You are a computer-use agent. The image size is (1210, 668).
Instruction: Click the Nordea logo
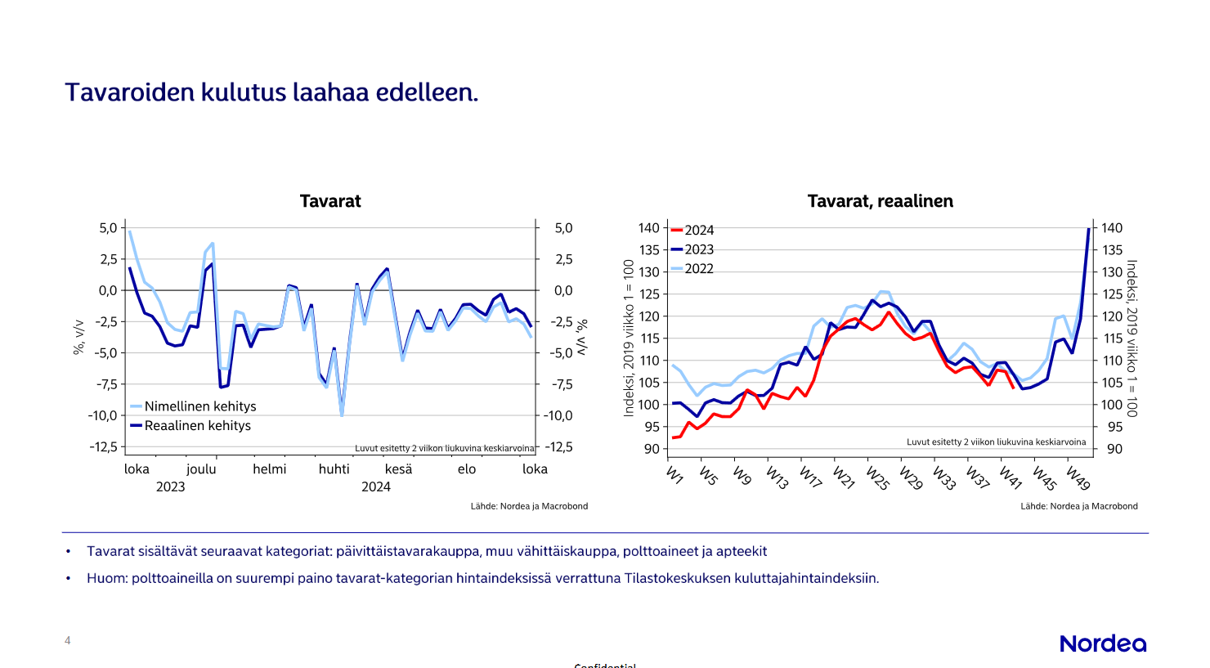coord(1103,643)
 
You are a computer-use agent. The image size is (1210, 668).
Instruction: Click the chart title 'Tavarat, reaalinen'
coord(880,201)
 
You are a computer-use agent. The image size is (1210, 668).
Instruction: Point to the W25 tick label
coord(877,477)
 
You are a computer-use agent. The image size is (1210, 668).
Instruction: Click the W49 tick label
coord(1078,477)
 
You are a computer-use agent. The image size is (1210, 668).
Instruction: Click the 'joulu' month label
coord(201,468)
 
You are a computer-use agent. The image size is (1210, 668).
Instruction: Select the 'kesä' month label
coord(398,468)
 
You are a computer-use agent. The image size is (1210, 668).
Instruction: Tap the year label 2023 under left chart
coord(170,486)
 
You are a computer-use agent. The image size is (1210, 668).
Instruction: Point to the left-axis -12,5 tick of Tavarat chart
coord(104,446)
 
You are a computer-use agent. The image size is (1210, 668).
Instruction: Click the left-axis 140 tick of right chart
coord(648,228)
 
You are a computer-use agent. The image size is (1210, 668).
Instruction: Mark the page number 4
coord(68,640)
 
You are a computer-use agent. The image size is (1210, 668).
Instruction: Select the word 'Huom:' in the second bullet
coord(107,578)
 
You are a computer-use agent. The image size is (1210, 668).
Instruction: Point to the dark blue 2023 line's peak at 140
coord(1088,230)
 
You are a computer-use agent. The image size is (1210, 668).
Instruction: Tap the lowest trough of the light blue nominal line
coord(342,415)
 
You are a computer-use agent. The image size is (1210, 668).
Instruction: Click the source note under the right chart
coord(1078,506)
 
